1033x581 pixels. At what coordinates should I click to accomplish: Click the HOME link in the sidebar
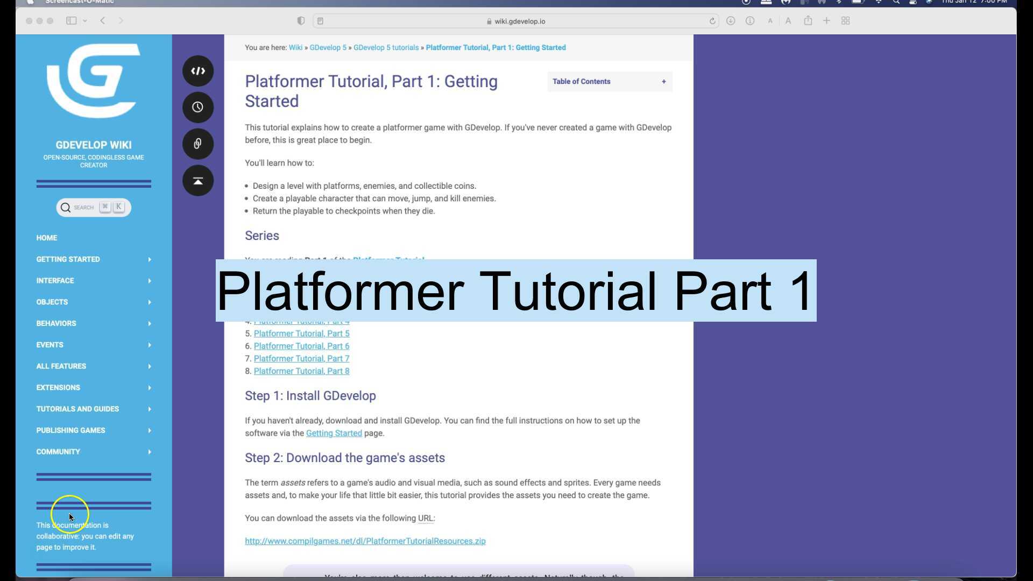(47, 238)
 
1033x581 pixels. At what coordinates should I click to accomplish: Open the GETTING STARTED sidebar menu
(68, 259)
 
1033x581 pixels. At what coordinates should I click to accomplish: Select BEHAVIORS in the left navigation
(56, 323)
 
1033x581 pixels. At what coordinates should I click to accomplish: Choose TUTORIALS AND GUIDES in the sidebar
(78, 409)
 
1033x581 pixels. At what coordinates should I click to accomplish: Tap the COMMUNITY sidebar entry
(58, 452)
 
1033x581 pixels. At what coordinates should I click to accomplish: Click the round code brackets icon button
(197, 71)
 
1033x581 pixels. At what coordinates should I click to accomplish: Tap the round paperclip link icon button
(197, 144)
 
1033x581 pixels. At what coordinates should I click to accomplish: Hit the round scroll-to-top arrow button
(197, 181)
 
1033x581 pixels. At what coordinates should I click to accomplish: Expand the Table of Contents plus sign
(664, 82)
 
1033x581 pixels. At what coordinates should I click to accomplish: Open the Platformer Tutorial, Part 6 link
(301, 346)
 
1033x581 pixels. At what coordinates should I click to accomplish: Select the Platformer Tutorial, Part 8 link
(301, 371)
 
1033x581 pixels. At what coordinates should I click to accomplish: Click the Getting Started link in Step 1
(334, 433)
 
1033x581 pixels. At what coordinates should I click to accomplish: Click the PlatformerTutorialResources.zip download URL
(365, 541)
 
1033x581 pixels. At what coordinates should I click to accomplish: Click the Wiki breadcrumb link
(295, 48)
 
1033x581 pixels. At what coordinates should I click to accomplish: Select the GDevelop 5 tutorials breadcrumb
(386, 48)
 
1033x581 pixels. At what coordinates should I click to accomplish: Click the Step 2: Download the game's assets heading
(345, 458)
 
